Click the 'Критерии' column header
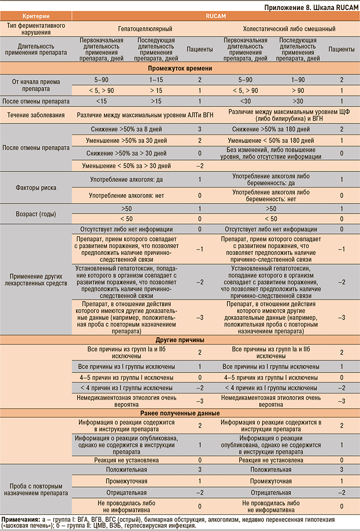(x=35, y=16)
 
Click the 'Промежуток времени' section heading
(x=179, y=68)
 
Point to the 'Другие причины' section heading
(x=179, y=340)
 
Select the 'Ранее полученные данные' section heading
(x=179, y=413)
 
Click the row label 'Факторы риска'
(x=35, y=188)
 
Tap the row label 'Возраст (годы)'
(x=35, y=214)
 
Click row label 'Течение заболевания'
(x=35, y=115)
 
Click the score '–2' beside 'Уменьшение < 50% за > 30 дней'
(x=199, y=165)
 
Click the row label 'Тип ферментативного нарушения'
(x=35, y=29)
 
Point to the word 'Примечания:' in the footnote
(x=20, y=519)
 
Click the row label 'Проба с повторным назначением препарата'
(x=35, y=489)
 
